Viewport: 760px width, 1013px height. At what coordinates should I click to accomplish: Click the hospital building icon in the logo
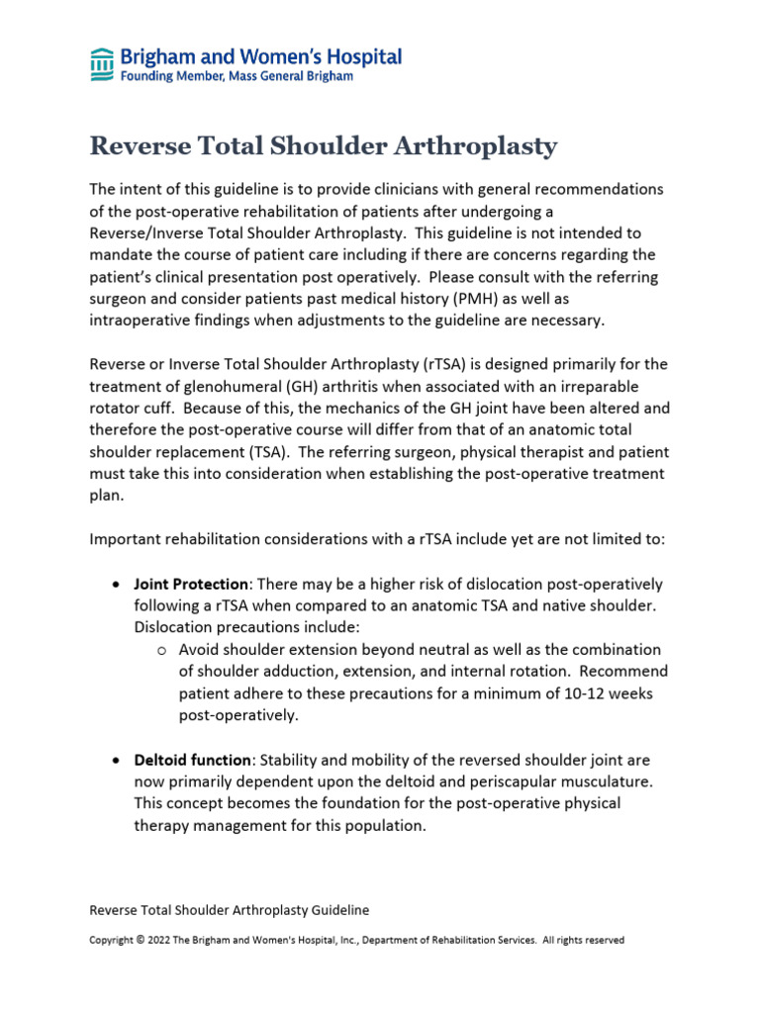coord(101,64)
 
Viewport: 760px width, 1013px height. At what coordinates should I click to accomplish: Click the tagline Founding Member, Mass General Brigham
coord(236,76)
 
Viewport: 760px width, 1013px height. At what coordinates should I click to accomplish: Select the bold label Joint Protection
coord(190,584)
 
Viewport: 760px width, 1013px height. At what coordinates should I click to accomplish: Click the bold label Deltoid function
coord(192,760)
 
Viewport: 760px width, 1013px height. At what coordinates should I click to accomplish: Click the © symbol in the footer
coord(140,940)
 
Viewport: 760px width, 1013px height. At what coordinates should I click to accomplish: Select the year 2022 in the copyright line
coord(161,940)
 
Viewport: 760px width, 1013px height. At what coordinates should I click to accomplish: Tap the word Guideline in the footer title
coord(336,909)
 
